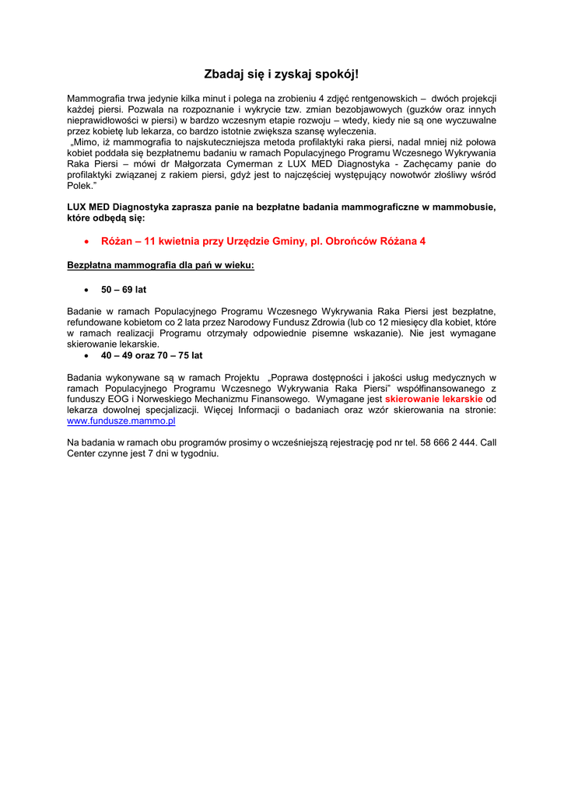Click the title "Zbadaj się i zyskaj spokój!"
[x=282, y=75]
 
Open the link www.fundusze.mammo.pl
[x=121, y=421]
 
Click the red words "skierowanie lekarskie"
[x=433, y=400]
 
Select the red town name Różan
[x=117, y=242]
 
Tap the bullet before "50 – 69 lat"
[x=86, y=290]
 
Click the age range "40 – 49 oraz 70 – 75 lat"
[x=152, y=355]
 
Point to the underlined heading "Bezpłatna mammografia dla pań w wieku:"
[x=161, y=266]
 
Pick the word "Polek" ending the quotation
[x=79, y=187]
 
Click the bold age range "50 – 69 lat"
[x=124, y=290]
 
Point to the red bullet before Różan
[x=86, y=242]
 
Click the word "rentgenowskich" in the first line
[x=369, y=99]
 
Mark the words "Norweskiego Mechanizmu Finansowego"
[x=222, y=400]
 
